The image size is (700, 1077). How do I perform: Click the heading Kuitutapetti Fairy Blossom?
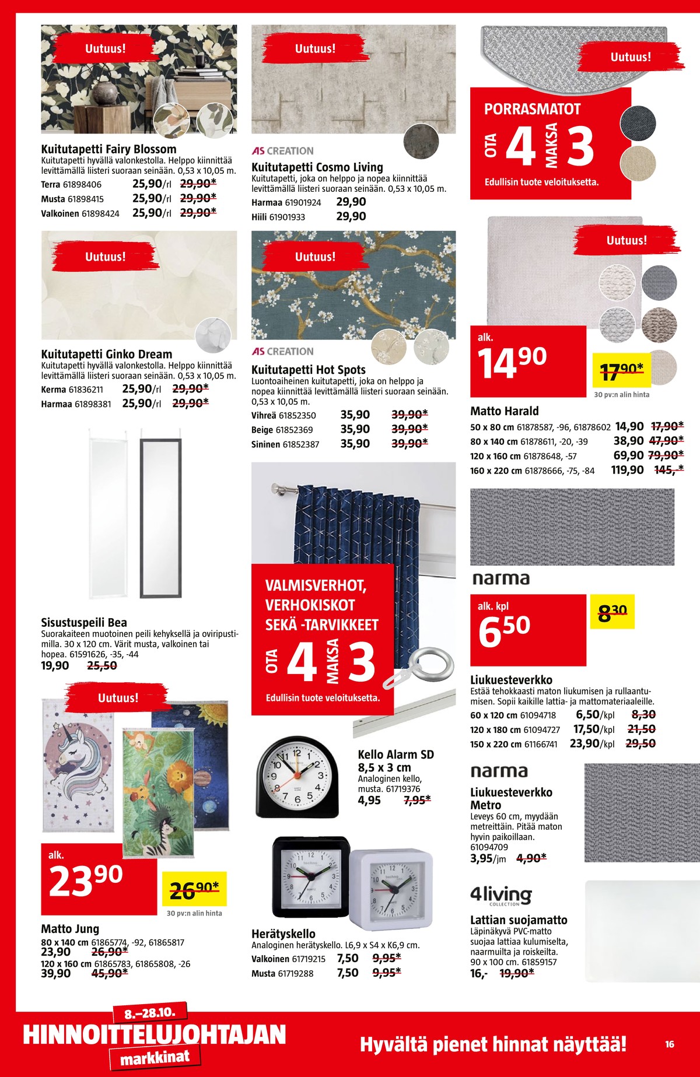(x=108, y=149)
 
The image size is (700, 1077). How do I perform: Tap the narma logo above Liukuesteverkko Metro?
(x=499, y=771)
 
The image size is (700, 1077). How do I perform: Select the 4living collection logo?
(x=501, y=895)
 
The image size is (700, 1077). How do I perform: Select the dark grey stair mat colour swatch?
(x=638, y=123)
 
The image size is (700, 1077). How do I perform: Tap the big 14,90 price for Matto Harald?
(x=512, y=362)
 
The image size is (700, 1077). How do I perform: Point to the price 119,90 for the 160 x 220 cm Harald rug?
(x=627, y=470)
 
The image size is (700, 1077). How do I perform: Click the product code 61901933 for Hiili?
(x=286, y=217)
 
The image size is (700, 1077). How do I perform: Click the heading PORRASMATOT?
(x=532, y=110)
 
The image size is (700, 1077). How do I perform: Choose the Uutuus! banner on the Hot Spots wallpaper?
(x=315, y=257)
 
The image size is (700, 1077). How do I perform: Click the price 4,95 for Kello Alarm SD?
(x=369, y=801)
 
